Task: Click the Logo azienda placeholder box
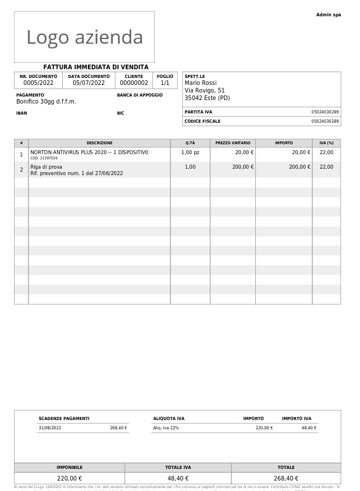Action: pos(84,37)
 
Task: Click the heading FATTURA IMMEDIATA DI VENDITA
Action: pos(96,67)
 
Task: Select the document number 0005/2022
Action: pos(38,83)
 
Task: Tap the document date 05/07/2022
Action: pos(88,83)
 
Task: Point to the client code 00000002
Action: pos(134,83)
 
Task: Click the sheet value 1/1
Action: pos(165,83)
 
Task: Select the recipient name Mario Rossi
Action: pos(201,83)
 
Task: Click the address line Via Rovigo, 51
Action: pos(205,91)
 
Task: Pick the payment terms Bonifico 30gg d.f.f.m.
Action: pos(46,102)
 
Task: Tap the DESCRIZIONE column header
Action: pos(99,143)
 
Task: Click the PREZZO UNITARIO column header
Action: pos(233,143)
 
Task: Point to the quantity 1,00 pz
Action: pos(190,152)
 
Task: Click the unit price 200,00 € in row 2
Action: pos(243,167)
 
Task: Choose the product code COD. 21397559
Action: pos(44,158)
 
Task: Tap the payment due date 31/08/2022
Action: pos(49,428)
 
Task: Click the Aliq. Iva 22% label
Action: pos(166,428)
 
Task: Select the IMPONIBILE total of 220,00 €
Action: pos(69,478)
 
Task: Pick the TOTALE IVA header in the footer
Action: pos(178,468)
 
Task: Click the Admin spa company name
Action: pos(329,15)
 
